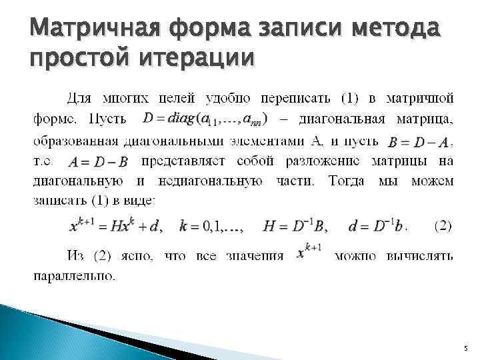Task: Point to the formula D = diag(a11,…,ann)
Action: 205,119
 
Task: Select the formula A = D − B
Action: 99,161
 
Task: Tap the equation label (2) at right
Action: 442,226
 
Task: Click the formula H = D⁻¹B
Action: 295,226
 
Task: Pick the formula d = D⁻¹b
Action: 373,226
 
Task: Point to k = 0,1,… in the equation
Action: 211,227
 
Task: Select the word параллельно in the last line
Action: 74,275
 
